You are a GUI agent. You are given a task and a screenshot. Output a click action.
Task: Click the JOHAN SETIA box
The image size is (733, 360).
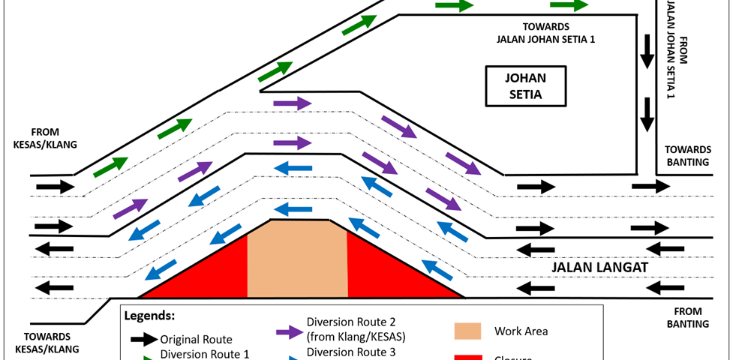(x=524, y=86)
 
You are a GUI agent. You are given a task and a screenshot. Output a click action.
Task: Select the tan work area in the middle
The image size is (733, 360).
(x=297, y=259)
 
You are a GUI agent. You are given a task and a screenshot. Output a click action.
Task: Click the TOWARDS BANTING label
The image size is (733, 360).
(x=686, y=156)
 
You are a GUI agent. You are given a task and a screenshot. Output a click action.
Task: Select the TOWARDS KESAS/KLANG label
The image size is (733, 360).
(x=45, y=343)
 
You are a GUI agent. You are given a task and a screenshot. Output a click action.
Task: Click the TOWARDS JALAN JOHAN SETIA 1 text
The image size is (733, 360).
(x=545, y=33)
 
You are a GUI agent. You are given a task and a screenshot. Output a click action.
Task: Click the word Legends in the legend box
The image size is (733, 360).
(x=149, y=316)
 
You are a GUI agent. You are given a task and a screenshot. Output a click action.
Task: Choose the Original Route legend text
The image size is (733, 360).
(x=196, y=339)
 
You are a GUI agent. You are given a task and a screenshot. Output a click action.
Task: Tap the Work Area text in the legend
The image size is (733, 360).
(x=521, y=331)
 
